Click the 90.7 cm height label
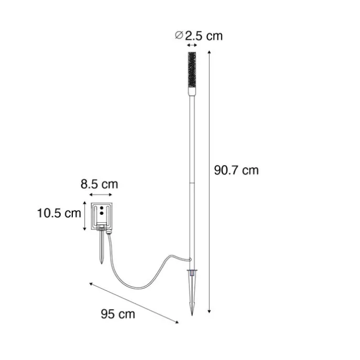(236, 170)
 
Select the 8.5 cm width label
(99, 184)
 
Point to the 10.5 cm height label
(59, 213)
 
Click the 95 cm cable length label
(118, 314)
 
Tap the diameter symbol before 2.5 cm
(179, 35)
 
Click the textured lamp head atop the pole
(192, 70)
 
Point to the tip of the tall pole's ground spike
(192, 315)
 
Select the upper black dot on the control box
(102, 208)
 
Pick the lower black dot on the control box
(102, 213)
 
